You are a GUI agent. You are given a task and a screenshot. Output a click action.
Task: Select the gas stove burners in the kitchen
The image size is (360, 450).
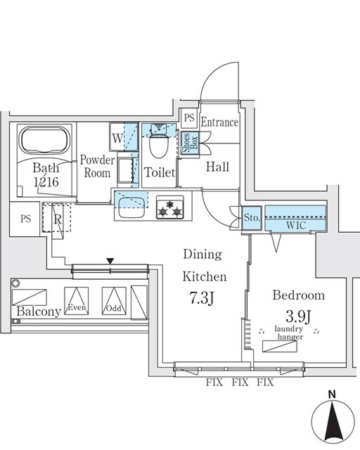pos(169,208)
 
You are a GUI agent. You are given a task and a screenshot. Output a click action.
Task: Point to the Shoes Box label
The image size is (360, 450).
pos(187,143)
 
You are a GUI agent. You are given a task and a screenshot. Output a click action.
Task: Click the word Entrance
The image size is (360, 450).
pos(219,122)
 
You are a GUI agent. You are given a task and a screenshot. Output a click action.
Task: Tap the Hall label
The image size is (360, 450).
pos(218,167)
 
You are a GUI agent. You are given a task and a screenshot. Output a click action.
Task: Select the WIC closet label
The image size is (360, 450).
pos(295,224)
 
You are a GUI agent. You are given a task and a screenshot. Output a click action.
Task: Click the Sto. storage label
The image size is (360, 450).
pos(252,219)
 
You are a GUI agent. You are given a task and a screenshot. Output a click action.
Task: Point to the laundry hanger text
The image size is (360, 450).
pos(289,333)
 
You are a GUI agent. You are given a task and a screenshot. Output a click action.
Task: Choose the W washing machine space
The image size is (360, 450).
pos(117,138)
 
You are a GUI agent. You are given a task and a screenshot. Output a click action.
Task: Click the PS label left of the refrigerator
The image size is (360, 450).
pos(26,219)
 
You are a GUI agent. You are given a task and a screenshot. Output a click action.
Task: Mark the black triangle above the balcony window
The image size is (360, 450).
pos(110,262)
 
